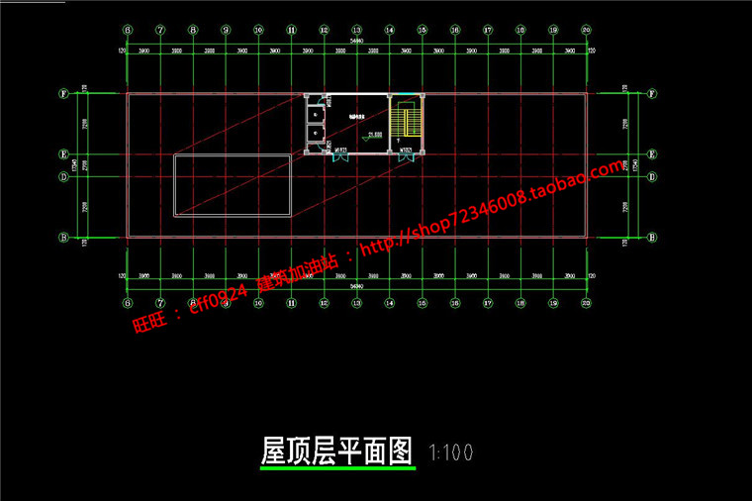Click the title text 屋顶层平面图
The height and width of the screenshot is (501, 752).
click(x=335, y=451)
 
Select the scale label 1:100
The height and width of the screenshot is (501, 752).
click(x=450, y=452)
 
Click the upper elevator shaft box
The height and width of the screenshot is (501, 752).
click(x=315, y=110)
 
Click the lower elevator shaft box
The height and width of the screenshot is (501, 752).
click(x=315, y=132)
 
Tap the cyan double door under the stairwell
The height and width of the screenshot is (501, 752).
click(x=405, y=152)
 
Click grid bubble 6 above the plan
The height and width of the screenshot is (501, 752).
click(x=127, y=31)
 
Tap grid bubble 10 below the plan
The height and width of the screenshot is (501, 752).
click(x=257, y=304)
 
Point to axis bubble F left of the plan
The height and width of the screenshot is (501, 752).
click(x=62, y=95)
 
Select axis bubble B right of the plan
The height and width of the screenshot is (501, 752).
click(x=651, y=238)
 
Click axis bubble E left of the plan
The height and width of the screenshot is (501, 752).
click(x=62, y=155)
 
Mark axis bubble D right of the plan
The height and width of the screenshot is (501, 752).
click(x=651, y=177)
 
